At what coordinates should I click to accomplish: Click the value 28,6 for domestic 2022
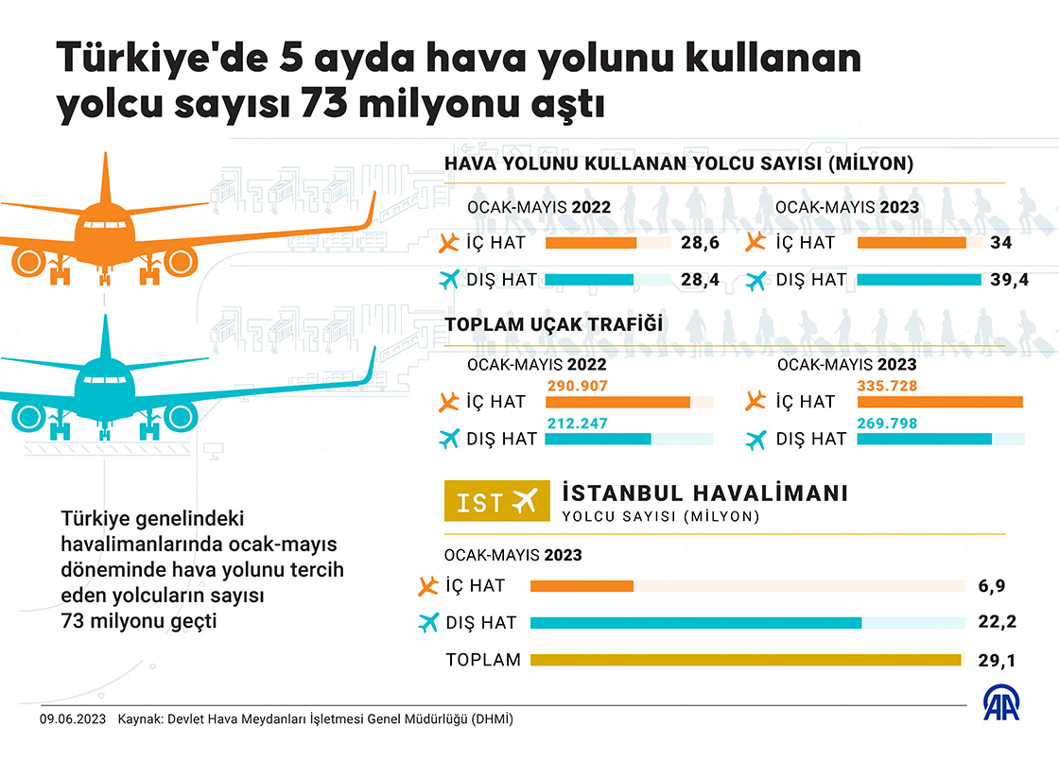coord(700,243)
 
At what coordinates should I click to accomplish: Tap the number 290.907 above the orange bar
coord(577,386)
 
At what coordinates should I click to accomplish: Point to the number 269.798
coord(888,423)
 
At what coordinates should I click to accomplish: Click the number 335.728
coord(888,386)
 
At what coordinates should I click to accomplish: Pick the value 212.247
coord(577,423)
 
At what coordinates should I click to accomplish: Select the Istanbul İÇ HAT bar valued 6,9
coord(582,587)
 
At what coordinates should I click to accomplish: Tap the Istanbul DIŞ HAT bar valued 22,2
coord(696,623)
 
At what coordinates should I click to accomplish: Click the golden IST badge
coord(496,503)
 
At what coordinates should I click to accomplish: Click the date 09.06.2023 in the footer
coord(71,718)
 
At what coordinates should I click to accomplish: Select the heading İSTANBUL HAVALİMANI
coord(704,493)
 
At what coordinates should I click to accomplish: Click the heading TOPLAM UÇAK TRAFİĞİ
coord(552,324)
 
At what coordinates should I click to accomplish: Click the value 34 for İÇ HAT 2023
coord(1001,243)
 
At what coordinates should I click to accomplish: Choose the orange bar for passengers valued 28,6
coord(591,243)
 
